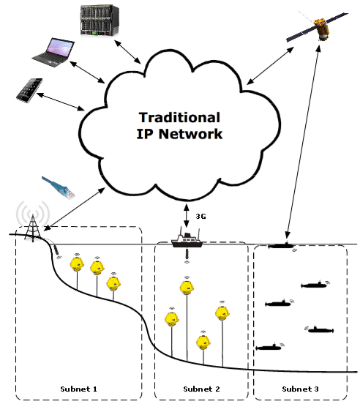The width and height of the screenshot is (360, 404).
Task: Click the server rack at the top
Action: pos(100,20)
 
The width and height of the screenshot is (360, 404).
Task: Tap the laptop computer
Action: pos(53,53)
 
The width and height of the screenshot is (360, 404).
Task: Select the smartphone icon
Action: pos(29,90)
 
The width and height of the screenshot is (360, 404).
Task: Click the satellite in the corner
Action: pos(318,27)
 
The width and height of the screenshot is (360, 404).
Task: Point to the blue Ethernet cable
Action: pos(59,187)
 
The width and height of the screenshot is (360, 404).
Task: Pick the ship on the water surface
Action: pos(187,239)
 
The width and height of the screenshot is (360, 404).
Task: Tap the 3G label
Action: pos(200,216)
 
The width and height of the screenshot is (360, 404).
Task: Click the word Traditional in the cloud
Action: pos(179,118)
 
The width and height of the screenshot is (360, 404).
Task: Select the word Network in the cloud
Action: pos(190,134)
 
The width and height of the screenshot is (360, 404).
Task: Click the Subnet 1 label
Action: pos(78,389)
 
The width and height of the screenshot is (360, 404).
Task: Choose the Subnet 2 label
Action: pos(201,389)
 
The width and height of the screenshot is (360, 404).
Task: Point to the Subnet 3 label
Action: pos(300,389)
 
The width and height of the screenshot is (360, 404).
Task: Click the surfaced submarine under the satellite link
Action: pos(281,245)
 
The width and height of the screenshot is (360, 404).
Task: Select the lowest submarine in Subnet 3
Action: pos(269,348)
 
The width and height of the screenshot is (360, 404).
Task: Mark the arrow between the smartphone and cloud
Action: pos(61,102)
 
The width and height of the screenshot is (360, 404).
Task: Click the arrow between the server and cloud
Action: pos(127,52)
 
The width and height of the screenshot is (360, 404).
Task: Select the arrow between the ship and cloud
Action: pos(187,216)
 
